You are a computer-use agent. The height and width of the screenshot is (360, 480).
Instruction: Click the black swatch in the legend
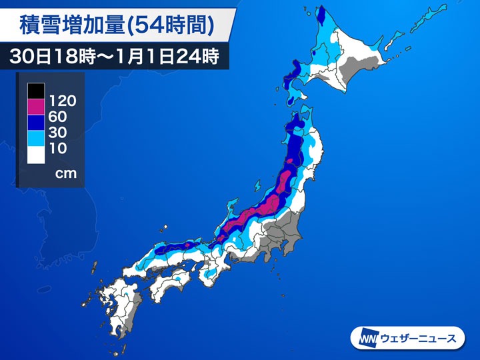pyautogui.click(x=36, y=89)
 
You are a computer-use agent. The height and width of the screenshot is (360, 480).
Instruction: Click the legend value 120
pyautogui.click(x=62, y=101)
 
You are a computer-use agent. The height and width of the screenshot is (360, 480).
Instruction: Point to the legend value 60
pyautogui.click(x=59, y=117)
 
